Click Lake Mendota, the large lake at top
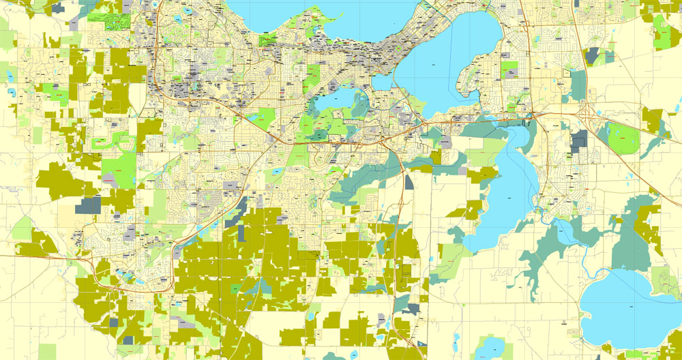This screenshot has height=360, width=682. coord(321,17)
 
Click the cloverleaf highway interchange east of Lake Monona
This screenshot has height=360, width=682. coord(585,112)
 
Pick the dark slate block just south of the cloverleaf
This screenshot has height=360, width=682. coord(579,141)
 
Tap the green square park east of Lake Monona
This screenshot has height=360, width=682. coord(509,70)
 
